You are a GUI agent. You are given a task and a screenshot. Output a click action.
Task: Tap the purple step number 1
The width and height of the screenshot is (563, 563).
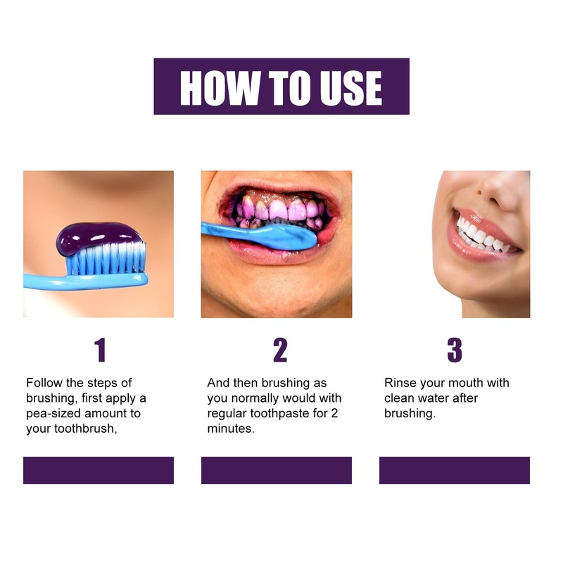tap(101, 350)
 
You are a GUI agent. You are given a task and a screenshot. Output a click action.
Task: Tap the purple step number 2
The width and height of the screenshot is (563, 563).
tap(280, 350)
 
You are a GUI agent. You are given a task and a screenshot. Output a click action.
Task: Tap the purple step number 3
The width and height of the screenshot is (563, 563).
tap(455, 350)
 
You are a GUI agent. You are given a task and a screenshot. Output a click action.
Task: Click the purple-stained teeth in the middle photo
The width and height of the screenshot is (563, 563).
tap(281, 209)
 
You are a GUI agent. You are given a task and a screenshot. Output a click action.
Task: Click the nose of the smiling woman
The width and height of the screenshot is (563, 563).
tap(503, 190)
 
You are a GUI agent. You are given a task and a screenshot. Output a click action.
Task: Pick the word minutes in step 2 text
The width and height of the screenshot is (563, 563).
tap(229, 429)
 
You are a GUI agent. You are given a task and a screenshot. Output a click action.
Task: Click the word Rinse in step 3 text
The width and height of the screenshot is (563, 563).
tap(400, 383)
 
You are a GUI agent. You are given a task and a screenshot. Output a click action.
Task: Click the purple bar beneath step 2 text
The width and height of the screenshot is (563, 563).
tap(277, 470)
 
